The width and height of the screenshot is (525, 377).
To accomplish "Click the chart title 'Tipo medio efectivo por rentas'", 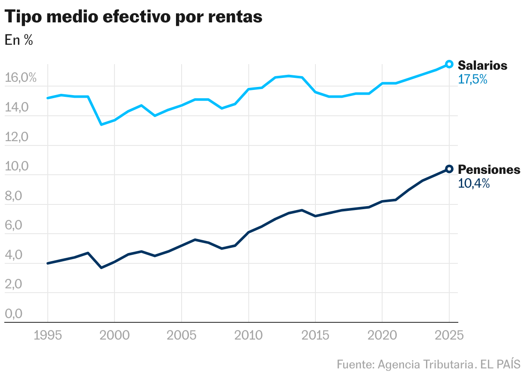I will click(133, 17).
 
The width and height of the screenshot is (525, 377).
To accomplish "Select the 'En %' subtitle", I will click(19, 40).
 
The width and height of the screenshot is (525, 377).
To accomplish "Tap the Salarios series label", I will click(482, 65).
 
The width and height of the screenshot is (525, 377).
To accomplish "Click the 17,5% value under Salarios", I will click(472, 79).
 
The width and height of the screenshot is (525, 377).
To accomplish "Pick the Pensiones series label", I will click(489, 170).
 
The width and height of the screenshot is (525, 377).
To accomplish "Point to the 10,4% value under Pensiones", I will click(474, 184).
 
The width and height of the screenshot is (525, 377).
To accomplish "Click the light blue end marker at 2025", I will click(449, 64).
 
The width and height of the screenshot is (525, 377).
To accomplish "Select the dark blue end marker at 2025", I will click(449, 169).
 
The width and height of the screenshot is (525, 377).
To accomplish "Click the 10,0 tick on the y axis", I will click(16, 167).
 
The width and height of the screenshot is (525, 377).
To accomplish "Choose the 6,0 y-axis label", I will click(13, 226).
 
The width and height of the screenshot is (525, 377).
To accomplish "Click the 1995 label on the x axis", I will click(47, 335).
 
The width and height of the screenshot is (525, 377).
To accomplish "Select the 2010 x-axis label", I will click(248, 335).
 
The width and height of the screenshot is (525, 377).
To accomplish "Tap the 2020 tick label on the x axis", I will click(382, 335).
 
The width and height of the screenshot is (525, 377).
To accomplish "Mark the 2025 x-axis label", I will click(449, 335).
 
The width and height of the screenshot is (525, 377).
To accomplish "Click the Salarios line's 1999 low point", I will click(101, 124).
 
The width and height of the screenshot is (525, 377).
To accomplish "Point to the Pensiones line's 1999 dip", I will click(101, 268).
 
